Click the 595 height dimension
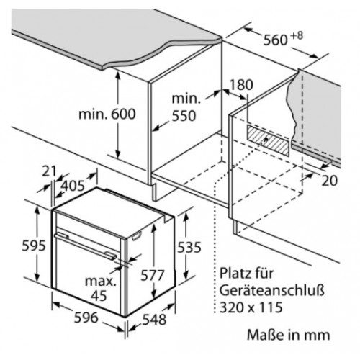(34, 246)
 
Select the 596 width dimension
(86, 318)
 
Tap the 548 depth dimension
(154, 319)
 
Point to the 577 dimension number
(152, 275)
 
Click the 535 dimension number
(189, 247)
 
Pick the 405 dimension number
(73, 186)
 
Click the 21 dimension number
(49, 171)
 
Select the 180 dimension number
(241, 84)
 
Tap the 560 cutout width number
(276, 40)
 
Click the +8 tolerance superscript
(297, 35)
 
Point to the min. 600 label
(107, 114)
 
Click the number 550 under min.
(184, 116)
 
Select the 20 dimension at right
(329, 181)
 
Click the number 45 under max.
(99, 296)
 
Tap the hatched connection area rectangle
(268, 140)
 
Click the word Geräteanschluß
(272, 291)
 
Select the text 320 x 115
(251, 307)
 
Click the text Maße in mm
(289, 335)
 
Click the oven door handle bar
(86, 246)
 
